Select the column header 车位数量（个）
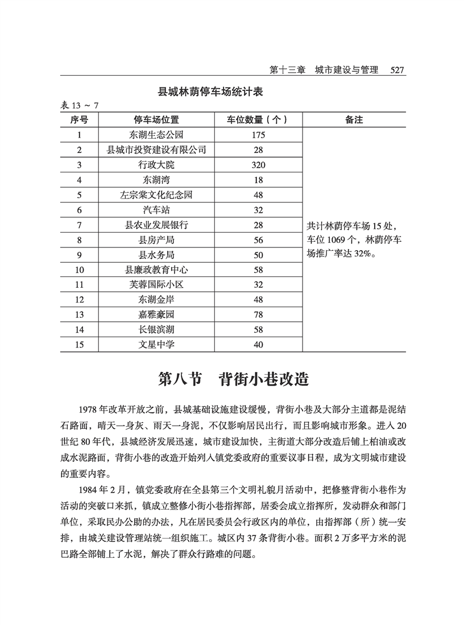(x=257, y=120)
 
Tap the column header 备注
(x=354, y=120)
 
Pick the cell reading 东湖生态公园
(x=156, y=135)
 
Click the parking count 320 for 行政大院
(x=258, y=165)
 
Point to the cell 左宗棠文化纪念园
(x=156, y=195)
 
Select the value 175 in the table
(x=258, y=135)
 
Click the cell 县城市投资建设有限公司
(x=156, y=150)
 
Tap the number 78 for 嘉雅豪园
(x=258, y=314)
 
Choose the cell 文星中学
(x=156, y=345)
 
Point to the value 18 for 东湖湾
(x=258, y=180)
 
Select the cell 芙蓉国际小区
(x=156, y=285)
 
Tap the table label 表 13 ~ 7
(x=80, y=106)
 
